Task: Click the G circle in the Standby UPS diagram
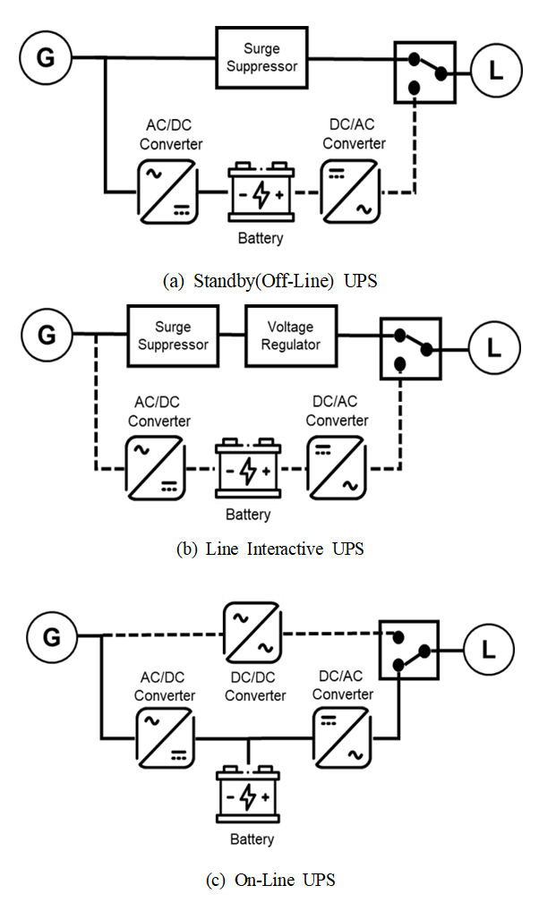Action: point(46,58)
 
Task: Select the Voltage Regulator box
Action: point(291,336)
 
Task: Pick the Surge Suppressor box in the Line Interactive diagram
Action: point(174,336)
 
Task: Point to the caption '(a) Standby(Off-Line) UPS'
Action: point(269,281)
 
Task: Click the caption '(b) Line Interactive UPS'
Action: point(269,549)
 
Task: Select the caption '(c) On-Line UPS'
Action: point(269,880)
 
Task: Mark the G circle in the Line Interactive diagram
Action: point(46,336)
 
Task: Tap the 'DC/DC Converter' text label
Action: point(255,687)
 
